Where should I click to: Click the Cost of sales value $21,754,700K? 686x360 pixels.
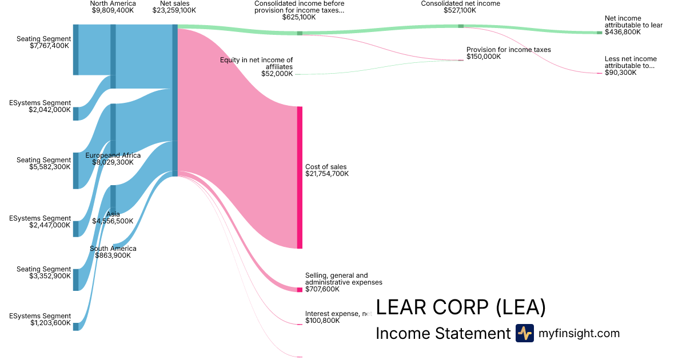tap(327, 174)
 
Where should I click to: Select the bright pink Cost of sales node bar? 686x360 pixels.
tap(300, 177)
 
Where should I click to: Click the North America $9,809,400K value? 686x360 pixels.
tap(113, 10)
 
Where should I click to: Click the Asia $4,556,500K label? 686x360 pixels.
tap(113, 218)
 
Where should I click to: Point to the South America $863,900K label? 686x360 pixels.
tap(113, 252)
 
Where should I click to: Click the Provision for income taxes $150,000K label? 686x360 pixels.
tap(508, 53)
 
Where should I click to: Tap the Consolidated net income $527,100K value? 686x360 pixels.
tap(460, 10)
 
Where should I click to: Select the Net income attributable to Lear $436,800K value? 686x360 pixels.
tap(623, 33)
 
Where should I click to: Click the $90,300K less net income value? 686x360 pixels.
tap(620, 73)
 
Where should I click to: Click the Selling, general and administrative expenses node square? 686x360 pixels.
tap(300, 290)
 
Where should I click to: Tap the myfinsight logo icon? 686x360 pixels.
tap(524, 333)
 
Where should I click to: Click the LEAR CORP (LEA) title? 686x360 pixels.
tap(461, 308)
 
